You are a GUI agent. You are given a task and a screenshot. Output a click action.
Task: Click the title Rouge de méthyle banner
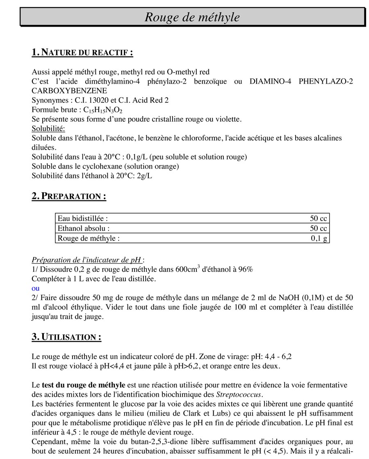point(192,17)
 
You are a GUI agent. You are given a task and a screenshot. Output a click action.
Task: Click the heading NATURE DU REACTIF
point(82,52)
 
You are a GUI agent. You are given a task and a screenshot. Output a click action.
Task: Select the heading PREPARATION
point(69,196)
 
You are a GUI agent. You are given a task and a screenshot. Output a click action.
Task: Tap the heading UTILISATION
point(66,337)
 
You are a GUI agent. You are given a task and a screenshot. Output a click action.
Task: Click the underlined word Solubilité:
point(48,129)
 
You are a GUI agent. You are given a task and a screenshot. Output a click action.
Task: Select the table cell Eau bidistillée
point(83,219)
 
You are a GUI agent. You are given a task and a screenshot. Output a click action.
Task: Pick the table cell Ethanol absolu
point(84,229)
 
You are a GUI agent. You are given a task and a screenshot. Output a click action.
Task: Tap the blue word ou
point(36,289)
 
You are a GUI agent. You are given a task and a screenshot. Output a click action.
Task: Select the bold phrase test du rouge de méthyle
point(84,385)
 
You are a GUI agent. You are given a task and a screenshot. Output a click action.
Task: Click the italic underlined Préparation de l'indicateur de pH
point(87,260)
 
